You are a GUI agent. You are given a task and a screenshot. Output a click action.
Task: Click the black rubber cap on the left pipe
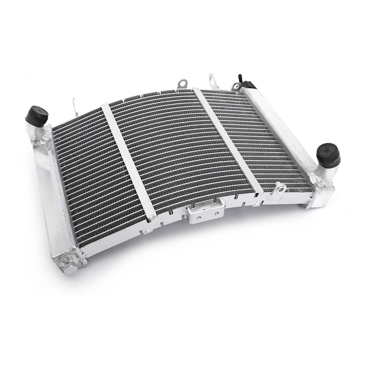pyautogui.click(x=37, y=115)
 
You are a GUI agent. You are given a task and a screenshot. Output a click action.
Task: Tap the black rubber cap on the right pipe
pyautogui.click(x=328, y=154)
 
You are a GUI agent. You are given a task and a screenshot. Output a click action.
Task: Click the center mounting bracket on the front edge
pyautogui.click(x=205, y=213)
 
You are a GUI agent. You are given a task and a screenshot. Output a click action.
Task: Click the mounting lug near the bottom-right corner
pyautogui.click(x=278, y=189)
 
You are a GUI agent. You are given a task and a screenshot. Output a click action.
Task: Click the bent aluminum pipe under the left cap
pyautogui.click(x=42, y=133)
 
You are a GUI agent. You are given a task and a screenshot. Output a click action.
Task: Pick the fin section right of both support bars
pyautogui.click(x=258, y=138)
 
